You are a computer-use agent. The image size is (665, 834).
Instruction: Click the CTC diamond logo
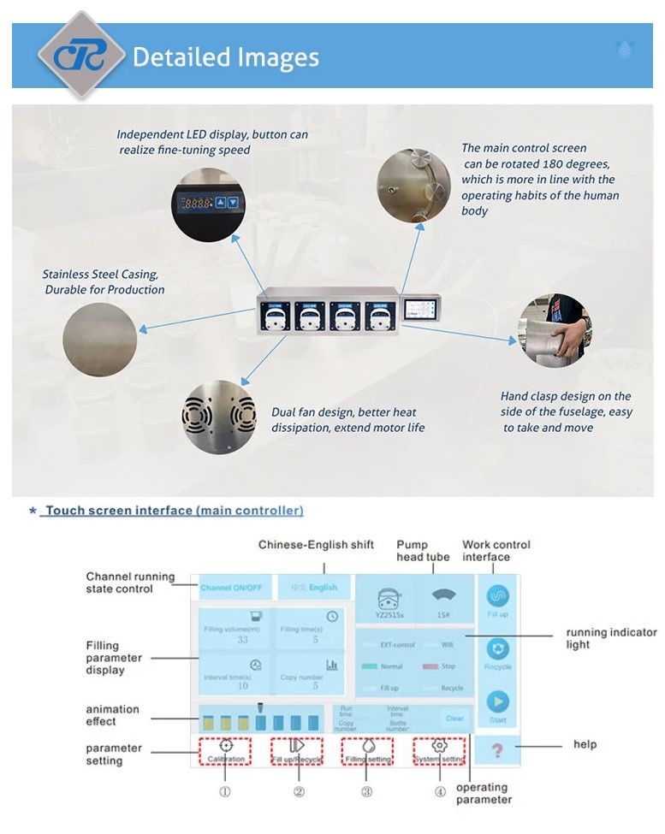click(81, 55)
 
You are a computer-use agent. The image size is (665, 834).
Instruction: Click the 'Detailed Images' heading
click(226, 57)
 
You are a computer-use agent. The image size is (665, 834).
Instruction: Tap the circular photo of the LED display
click(207, 204)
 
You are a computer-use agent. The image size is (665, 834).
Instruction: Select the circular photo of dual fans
click(219, 417)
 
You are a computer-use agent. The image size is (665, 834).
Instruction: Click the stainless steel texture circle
click(99, 340)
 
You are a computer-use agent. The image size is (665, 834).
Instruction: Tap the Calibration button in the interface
click(225, 750)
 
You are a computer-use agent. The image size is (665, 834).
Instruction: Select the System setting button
click(439, 750)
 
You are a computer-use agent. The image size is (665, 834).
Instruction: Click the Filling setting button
click(368, 750)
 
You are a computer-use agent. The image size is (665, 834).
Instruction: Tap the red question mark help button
click(497, 750)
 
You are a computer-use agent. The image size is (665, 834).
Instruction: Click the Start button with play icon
click(497, 707)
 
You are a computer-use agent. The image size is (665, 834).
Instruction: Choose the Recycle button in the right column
click(497, 654)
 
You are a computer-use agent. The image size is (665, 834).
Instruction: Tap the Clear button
click(454, 719)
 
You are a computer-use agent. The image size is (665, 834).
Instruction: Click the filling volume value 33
click(243, 639)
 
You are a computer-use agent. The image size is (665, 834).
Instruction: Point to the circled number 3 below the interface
click(366, 791)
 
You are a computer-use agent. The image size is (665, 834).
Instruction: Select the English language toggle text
click(324, 588)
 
